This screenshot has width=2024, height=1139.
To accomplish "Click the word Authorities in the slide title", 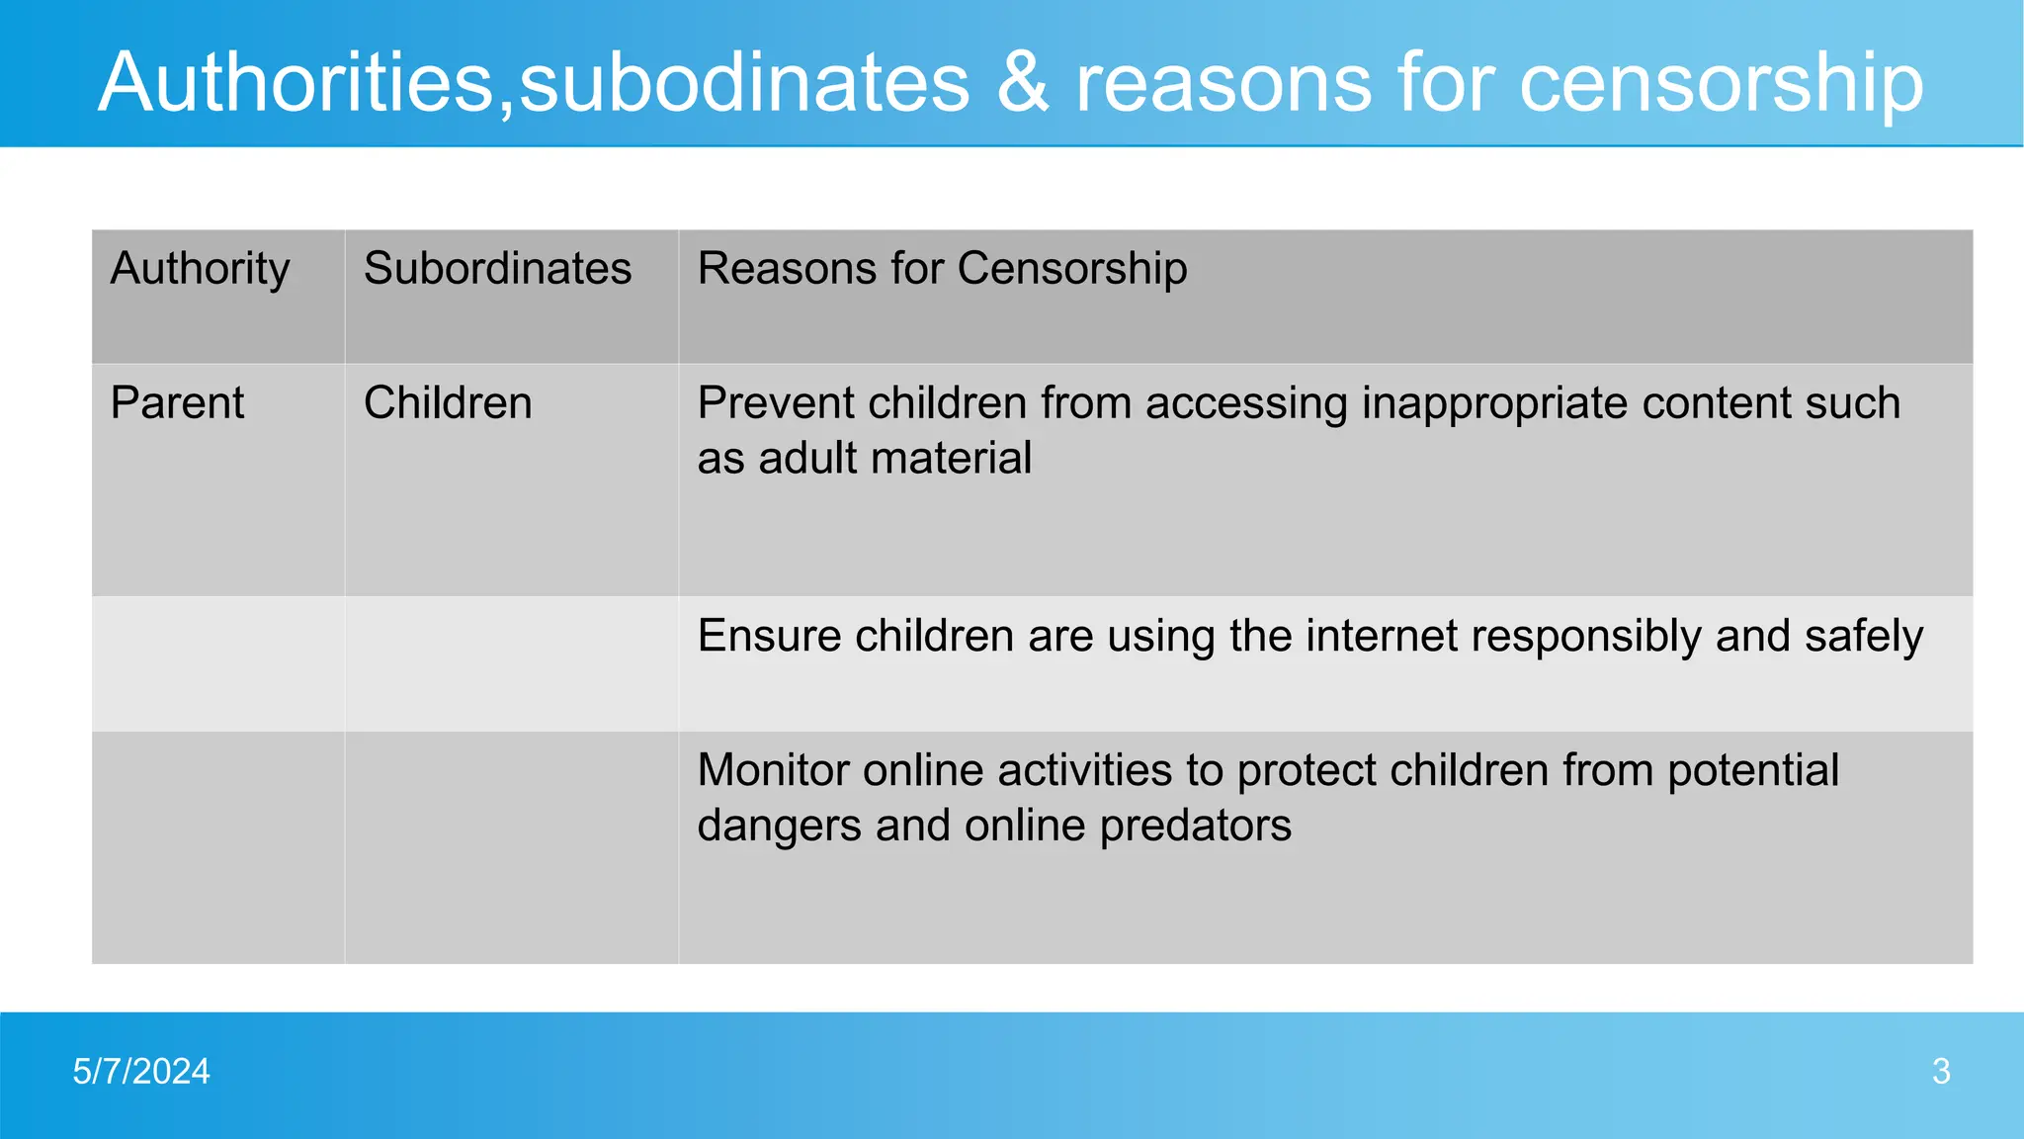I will click(296, 82).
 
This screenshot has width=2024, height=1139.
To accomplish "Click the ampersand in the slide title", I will click(1022, 82).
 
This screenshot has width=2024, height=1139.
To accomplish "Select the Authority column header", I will click(200, 268).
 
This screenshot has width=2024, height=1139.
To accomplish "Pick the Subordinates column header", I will click(497, 268).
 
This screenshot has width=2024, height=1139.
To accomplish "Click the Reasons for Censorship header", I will click(942, 268).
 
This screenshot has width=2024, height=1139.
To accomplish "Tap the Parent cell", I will click(177, 402).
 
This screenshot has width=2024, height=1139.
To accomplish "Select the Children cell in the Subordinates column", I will click(448, 402).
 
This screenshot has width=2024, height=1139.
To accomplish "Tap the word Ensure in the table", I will click(769, 636).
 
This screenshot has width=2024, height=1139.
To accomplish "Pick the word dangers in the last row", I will click(778, 826).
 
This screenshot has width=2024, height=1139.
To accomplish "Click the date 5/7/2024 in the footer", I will click(141, 1072).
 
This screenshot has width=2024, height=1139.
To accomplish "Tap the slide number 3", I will click(1941, 1072).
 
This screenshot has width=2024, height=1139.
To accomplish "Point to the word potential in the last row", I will click(1752, 770).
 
